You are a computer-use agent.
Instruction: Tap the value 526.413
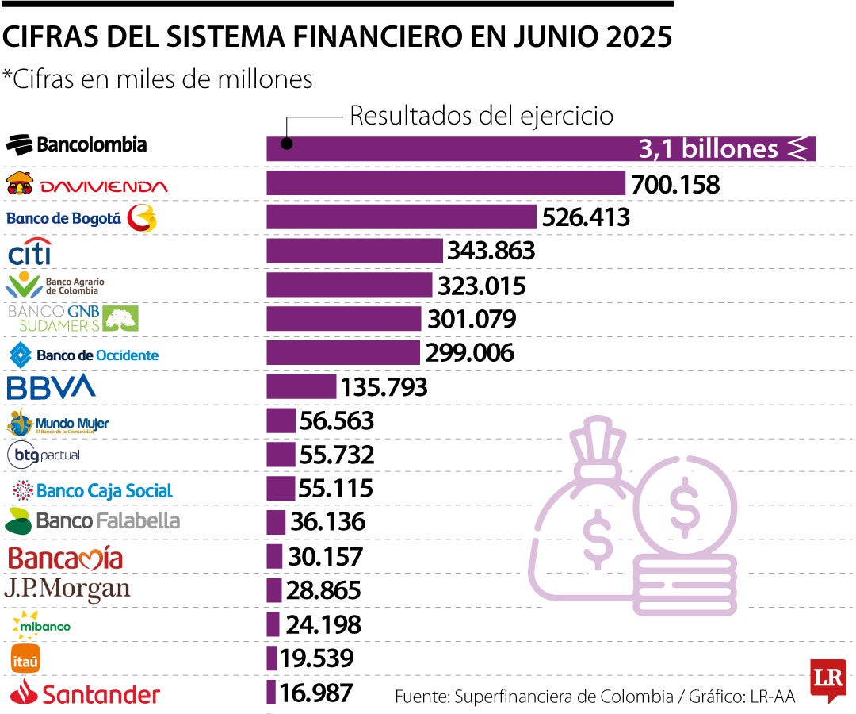coord(585,217)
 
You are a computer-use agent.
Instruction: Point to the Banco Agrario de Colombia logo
coord(55,285)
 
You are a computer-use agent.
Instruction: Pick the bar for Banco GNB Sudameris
coord(343,319)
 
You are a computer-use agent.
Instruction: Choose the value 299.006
coord(470,353)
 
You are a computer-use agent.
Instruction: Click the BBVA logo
coord(51,387)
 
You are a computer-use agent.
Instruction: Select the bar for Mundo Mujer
coord(281,420)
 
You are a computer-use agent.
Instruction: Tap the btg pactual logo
coord(44,455)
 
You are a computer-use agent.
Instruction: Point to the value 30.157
coord(326,557)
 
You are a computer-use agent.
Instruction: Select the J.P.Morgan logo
coord(67,589)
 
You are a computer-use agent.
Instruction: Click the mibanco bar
coord(273,624)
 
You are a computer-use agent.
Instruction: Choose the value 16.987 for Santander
coord(315,693)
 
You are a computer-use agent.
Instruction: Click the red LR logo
coord(827,679)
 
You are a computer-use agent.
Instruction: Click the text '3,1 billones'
coord(709,149)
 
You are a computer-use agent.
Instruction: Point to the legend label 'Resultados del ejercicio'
coord(482,116)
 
